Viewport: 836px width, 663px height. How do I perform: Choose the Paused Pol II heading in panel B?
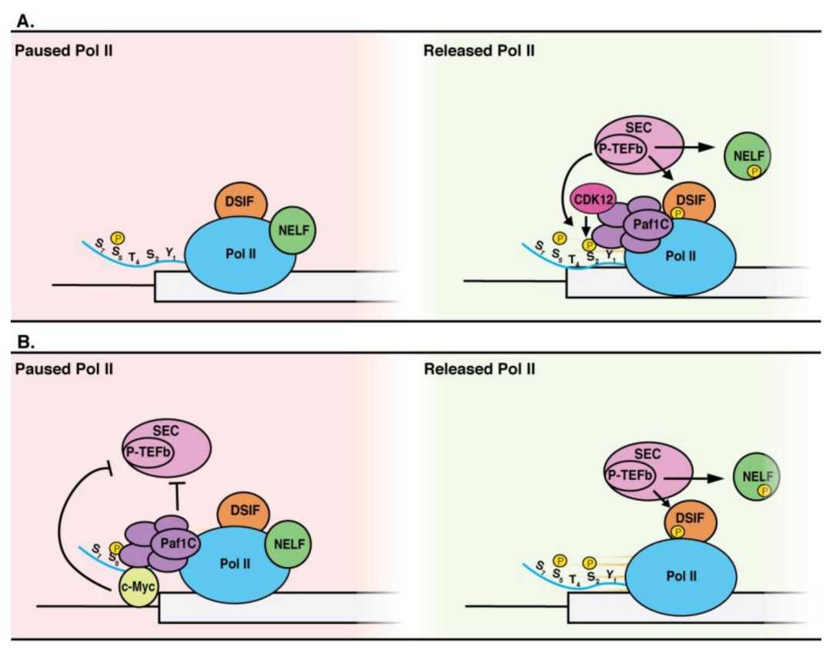tap(64, 369)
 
